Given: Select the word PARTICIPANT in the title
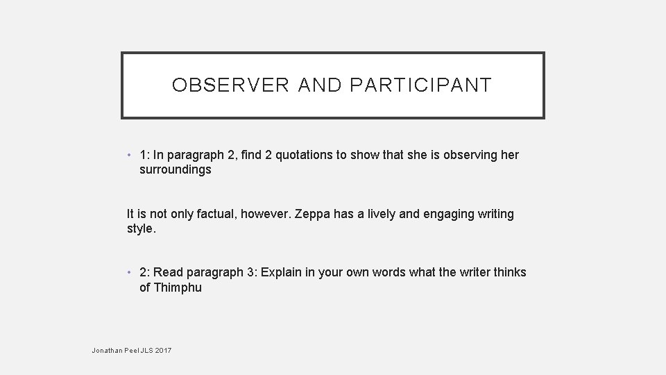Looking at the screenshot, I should pyautogui.click(x=421, y=85).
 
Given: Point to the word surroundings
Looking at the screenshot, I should pyautogui.click(x=176, y=169).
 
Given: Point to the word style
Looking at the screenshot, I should pyautogui.click(x=142, y=228).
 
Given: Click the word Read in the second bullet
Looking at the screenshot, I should pyautogui.click(x=169, y=272).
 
